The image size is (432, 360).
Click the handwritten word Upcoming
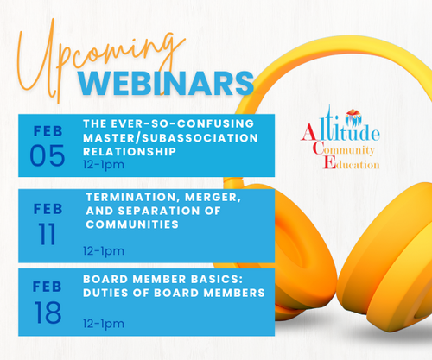coord(98,58)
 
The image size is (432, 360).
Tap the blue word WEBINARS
coord(166,84)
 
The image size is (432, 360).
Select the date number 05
coord(48,155)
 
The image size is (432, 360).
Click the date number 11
coord(48,234)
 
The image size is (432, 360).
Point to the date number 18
coord(48,313)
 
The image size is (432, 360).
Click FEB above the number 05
coord(48,131)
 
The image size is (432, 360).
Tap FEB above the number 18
coord(48,287)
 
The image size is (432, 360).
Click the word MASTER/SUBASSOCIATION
coord(170,138)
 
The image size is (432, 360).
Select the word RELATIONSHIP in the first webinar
coord(130,151)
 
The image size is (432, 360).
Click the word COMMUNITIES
coord(132,224)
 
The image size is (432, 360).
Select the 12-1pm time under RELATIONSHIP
coord(104,165)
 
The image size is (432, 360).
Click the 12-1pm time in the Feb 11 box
coord(104,251)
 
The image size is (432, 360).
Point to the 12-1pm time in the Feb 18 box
coord(104,324)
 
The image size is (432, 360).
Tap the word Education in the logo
coord(352,163)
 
